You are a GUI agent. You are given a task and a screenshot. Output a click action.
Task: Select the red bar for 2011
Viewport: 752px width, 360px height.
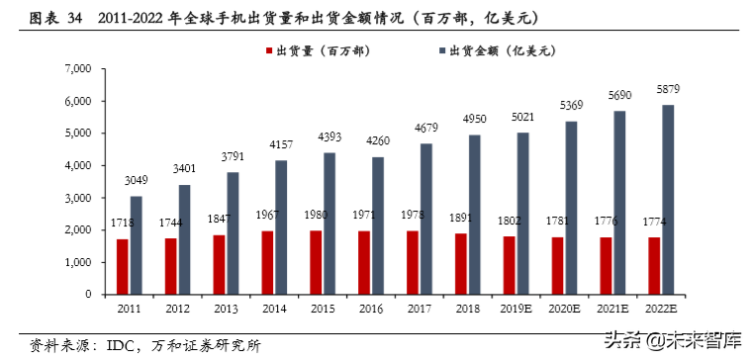point(123,266)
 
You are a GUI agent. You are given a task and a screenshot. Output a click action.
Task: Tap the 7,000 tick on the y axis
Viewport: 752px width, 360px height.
point(77,68)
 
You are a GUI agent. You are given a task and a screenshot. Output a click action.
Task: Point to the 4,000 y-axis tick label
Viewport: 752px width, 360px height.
point(77,165)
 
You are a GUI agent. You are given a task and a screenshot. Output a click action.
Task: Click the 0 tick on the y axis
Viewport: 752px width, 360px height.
point(87,295)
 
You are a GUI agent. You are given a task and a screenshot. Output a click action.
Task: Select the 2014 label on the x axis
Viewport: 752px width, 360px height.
point(274,310)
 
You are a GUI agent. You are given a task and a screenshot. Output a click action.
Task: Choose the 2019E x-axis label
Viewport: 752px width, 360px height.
point(516,310)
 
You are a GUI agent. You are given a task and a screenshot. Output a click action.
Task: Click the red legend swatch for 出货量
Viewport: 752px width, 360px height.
point(267,48)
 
